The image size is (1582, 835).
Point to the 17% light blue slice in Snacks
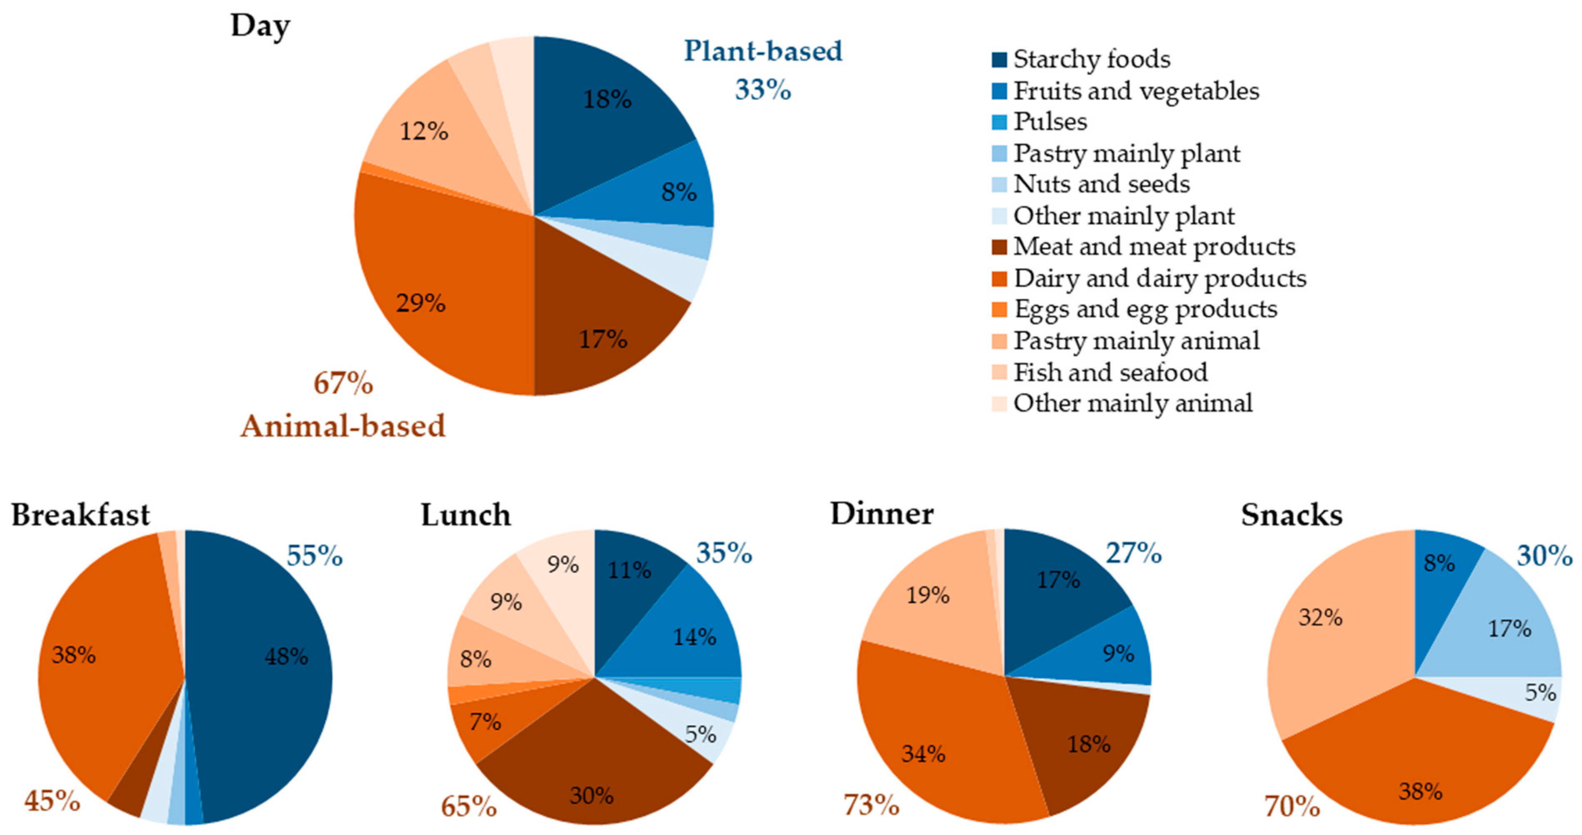[x=1505, y=633]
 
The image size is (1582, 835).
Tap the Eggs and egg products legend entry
[x=1145, y=309]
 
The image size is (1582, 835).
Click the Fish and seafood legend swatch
[x=999, y=372]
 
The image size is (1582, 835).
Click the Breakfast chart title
[x=80, y=514]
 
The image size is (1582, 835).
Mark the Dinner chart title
[x=882, y=513]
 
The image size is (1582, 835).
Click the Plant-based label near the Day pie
[x=763, y=51]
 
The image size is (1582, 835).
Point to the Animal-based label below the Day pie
[x=342, y=426]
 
